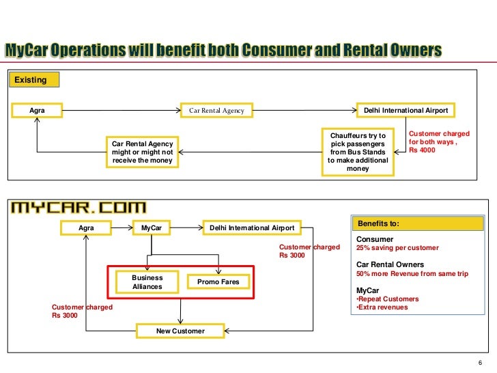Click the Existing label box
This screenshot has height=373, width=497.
[x=32, y=80]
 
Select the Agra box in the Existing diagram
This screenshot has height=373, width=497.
[x=37, y=110]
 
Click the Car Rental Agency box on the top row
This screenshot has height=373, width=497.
[x=216, y=110]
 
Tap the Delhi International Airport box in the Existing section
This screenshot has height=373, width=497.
[x=406, y=110]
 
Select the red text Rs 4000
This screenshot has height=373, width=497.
[x=421, y=151]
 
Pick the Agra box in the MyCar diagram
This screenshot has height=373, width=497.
[x=86, y=227]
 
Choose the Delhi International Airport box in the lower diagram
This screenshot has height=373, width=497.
[x=252, y=227]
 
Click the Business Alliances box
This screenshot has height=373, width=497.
[x=147, y=282]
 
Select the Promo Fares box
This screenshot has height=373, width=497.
[x=218, y=281]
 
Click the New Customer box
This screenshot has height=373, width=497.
[x=180, y=331]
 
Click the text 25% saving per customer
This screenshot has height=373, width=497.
[x=398, y=248]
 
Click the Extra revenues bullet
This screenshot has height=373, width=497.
[x=384, y=307]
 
